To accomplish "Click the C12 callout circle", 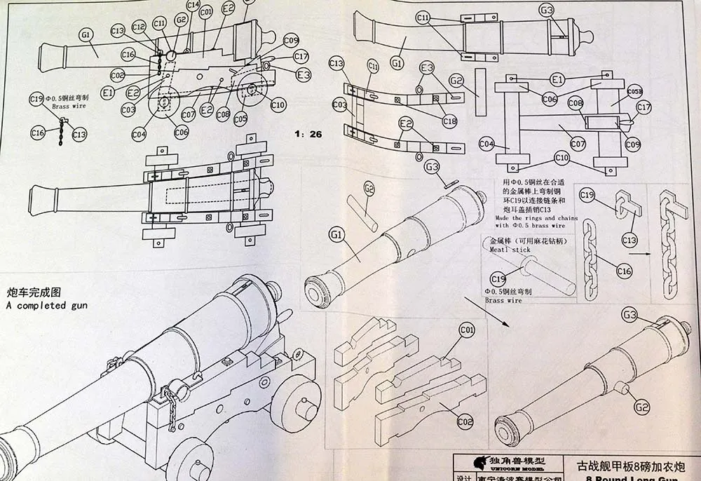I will point(139,26).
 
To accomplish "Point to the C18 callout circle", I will point(450,121).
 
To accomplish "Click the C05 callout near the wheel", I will point(240,119).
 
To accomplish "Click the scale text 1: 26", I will point(308,133).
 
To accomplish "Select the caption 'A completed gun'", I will point(46,306).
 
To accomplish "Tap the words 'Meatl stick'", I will point(510,250).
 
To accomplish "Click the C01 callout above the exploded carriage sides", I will point(467,329).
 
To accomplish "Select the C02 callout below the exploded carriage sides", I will point(464,423).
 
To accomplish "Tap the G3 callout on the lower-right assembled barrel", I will point(630,316).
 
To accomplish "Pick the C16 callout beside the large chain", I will point(624,271).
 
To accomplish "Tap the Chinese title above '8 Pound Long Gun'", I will point(630,466).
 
